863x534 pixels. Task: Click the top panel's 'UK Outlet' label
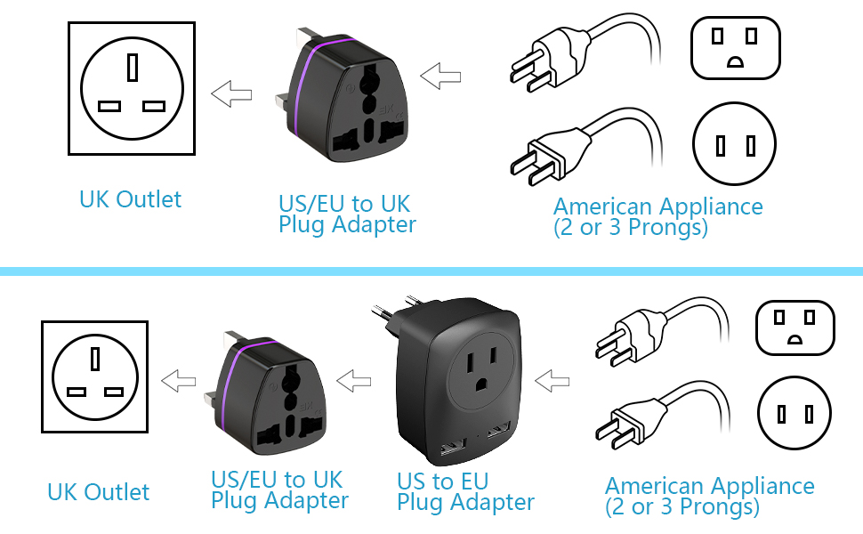click(130, 199)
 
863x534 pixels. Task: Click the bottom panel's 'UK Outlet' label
click(98, 492)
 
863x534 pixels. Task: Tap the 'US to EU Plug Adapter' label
click(465, 492)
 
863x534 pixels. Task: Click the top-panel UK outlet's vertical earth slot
click(132, 68)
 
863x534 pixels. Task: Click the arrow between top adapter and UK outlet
click(231, 93)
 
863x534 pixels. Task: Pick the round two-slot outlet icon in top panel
click(734, 144)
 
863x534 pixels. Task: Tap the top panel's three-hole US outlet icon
click(735, 45)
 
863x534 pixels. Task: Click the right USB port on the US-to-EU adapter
click(496, 430)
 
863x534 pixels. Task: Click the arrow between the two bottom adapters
click(354, 381)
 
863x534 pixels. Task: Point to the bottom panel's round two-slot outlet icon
click(795, 414)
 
